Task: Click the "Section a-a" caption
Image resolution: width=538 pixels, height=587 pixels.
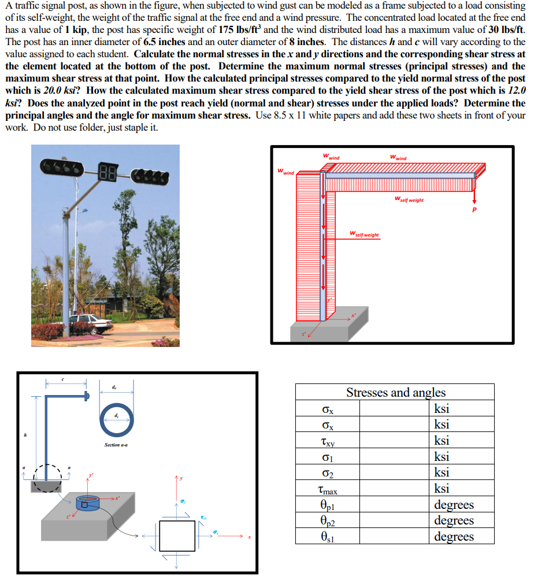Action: [x=116, y=445]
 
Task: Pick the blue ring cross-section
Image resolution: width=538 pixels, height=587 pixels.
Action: [x=117, y=420]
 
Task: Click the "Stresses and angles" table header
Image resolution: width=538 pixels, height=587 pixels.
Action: [x=395, y=392]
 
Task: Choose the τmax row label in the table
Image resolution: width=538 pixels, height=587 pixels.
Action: [x=328, y=490]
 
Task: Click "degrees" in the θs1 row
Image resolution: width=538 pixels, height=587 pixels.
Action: [x=454, y=537]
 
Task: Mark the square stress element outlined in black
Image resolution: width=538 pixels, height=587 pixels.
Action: [x=177, y=536]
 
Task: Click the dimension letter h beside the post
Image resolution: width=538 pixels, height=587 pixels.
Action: [x=25, y=434]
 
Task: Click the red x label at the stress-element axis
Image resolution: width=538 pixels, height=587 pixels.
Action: [x=250, y=537]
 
